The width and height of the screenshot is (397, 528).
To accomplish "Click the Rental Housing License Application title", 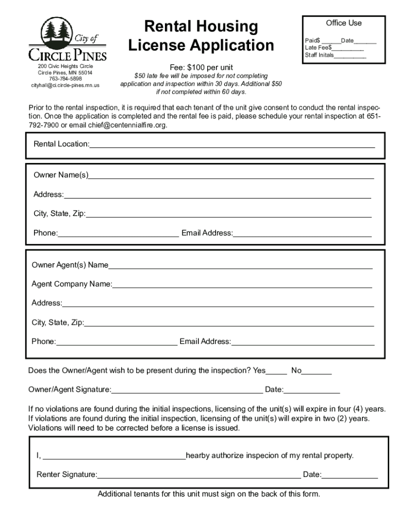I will [x=201, y=36].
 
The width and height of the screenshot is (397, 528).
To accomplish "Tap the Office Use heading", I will [x=343, y=23].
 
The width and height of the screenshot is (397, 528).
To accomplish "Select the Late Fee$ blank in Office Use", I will [x=348, y=48].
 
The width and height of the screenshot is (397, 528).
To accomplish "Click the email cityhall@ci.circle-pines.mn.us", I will [x=65, y=85].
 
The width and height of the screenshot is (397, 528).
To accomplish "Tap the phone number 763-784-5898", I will [x=65, y=79].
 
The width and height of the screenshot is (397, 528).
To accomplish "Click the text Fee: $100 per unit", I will [x=201, y=68].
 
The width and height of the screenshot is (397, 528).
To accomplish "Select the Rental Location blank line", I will [x=232, y=145].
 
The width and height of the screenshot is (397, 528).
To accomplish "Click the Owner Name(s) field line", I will [x=231, y=176].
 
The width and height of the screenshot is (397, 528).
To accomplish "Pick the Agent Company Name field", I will [x=242, y=285].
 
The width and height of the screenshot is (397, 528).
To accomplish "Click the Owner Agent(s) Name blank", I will [x=240, y=266].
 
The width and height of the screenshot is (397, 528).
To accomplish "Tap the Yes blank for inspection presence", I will [x=276, y=371].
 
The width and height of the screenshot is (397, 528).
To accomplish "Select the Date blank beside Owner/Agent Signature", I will [x=311, y=390].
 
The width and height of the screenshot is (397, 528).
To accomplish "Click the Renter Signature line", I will [x=199, y=475].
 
